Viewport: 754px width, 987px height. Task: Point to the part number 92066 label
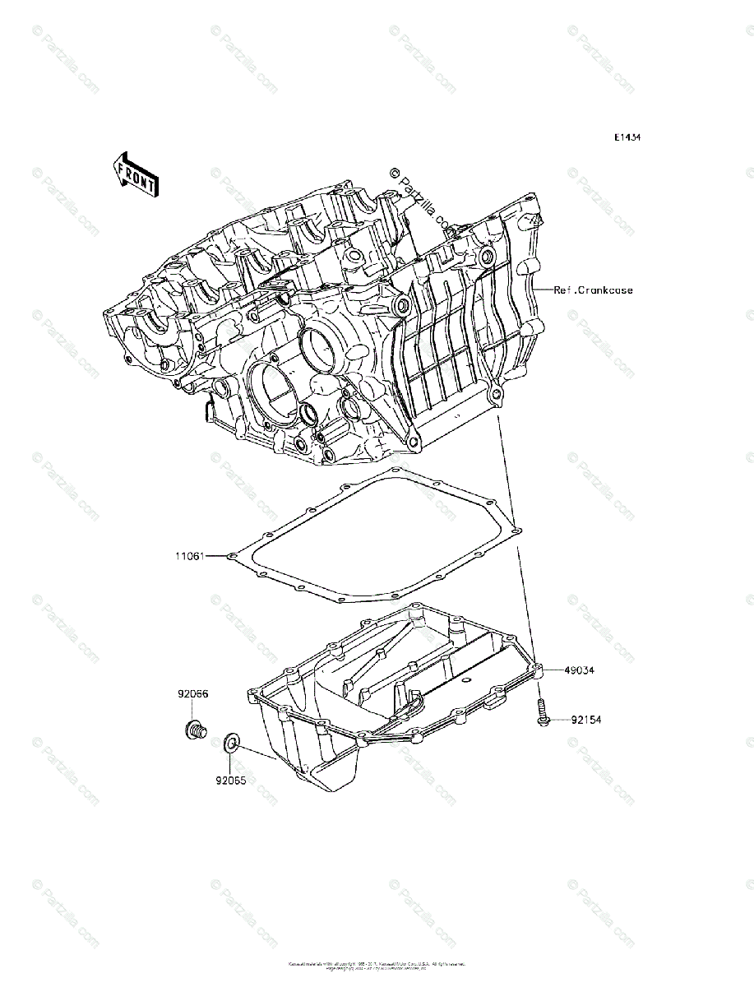192,693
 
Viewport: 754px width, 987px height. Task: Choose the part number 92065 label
232,774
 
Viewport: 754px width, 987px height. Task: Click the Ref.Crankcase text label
593,290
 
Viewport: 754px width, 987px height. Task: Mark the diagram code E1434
627,137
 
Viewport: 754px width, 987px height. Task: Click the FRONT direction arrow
136,174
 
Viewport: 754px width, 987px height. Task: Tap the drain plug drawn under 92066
194,728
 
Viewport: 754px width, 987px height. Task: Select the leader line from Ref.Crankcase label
543,290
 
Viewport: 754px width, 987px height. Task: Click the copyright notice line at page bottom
377,963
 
